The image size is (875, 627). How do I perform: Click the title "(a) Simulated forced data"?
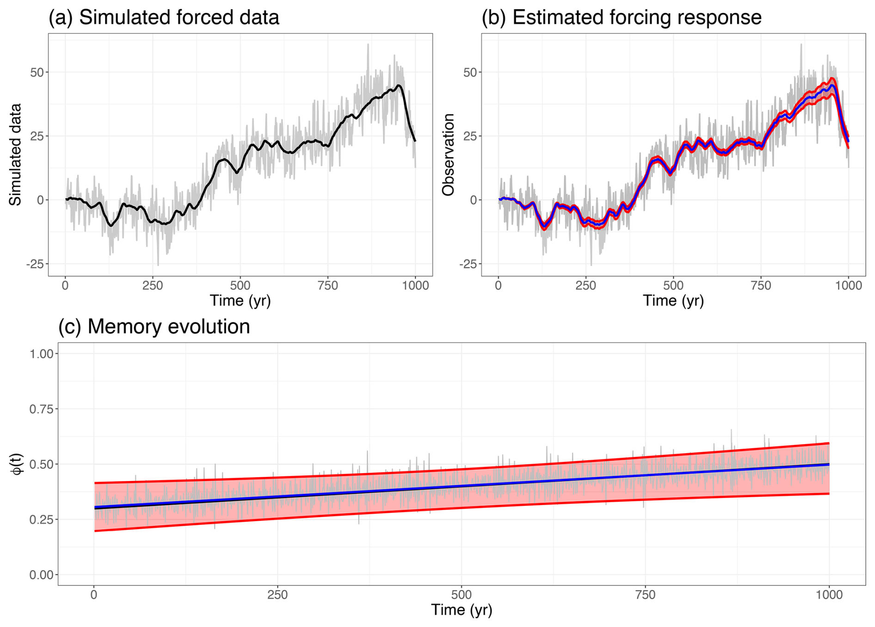164,18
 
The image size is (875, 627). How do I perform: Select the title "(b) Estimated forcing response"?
621,18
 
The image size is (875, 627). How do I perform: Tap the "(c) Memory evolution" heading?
154,327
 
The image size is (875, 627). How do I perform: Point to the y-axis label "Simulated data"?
15,154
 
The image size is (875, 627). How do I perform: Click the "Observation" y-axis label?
448,154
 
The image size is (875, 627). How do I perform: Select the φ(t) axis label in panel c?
17,463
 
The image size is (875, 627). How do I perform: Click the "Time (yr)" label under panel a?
240,300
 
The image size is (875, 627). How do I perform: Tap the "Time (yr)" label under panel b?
673,300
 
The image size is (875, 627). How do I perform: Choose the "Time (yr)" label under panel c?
461,609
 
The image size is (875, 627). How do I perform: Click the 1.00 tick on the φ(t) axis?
41,354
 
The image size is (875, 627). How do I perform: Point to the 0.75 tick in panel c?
41,409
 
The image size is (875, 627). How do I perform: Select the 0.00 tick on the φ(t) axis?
41,575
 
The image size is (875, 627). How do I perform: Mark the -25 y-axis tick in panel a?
35,264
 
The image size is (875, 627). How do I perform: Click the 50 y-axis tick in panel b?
470,73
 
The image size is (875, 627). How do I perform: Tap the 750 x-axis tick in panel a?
327,286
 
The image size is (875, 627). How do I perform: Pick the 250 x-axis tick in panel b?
585,286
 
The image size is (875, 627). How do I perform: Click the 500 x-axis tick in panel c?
461,595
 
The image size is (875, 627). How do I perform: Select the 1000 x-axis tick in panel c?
829,595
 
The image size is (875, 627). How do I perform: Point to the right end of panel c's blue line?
828,464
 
